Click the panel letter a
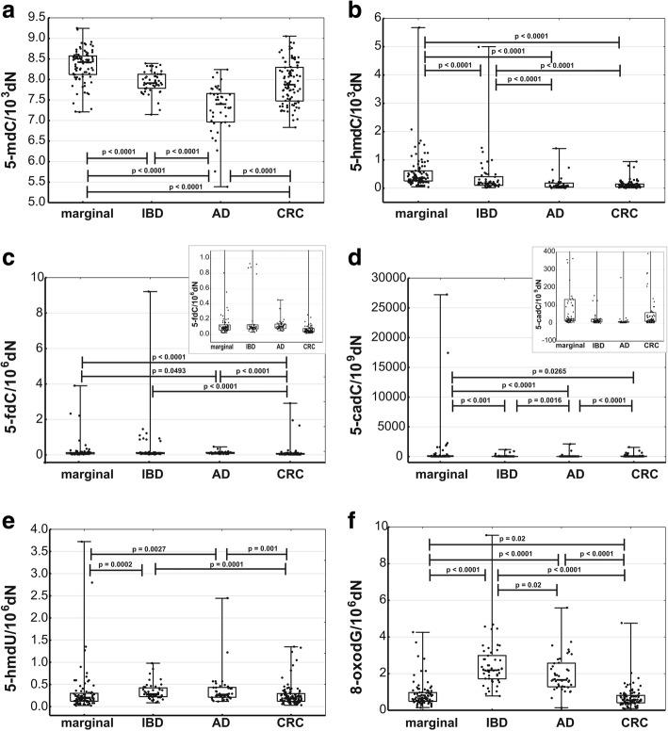click(8, 11)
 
